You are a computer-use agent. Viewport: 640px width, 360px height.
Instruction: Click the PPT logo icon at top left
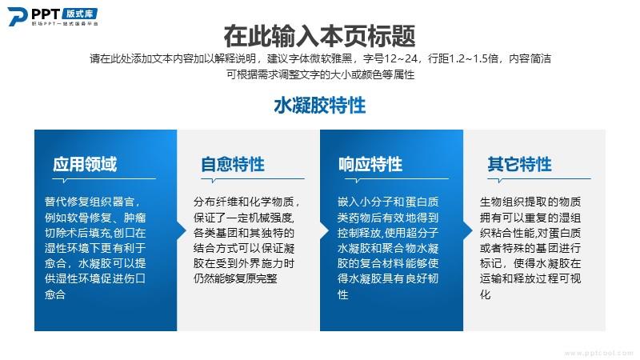tap(18, 16)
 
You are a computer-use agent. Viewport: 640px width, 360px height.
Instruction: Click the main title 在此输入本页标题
tap(319, 36)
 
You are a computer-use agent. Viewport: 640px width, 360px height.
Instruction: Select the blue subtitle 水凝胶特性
tap(319, 106)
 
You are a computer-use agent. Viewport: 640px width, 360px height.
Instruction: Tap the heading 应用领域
tap(85, 164)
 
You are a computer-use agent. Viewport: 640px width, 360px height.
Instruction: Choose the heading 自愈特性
tap(233, 164)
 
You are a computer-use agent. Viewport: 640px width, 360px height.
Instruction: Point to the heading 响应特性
tap(370, 164)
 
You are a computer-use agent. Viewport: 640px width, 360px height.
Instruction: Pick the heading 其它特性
tap(519, 164)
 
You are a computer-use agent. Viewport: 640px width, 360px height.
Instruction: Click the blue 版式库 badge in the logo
tap(79, 14)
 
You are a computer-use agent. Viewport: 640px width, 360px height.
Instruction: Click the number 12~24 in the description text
tap(401, 58)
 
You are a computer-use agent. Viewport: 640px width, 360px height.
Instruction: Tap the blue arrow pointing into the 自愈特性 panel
tap(182, 230)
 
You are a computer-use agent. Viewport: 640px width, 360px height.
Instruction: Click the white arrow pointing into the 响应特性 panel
tap(325, 230)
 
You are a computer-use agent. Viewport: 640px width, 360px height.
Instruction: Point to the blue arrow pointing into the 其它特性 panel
tap(468, 230)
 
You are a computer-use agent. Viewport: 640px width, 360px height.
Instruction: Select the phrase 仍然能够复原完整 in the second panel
tap(235, 278)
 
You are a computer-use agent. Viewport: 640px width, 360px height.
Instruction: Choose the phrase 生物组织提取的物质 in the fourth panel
tap(530, 202)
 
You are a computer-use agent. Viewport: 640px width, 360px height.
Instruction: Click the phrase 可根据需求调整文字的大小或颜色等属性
tap(321, 74)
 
